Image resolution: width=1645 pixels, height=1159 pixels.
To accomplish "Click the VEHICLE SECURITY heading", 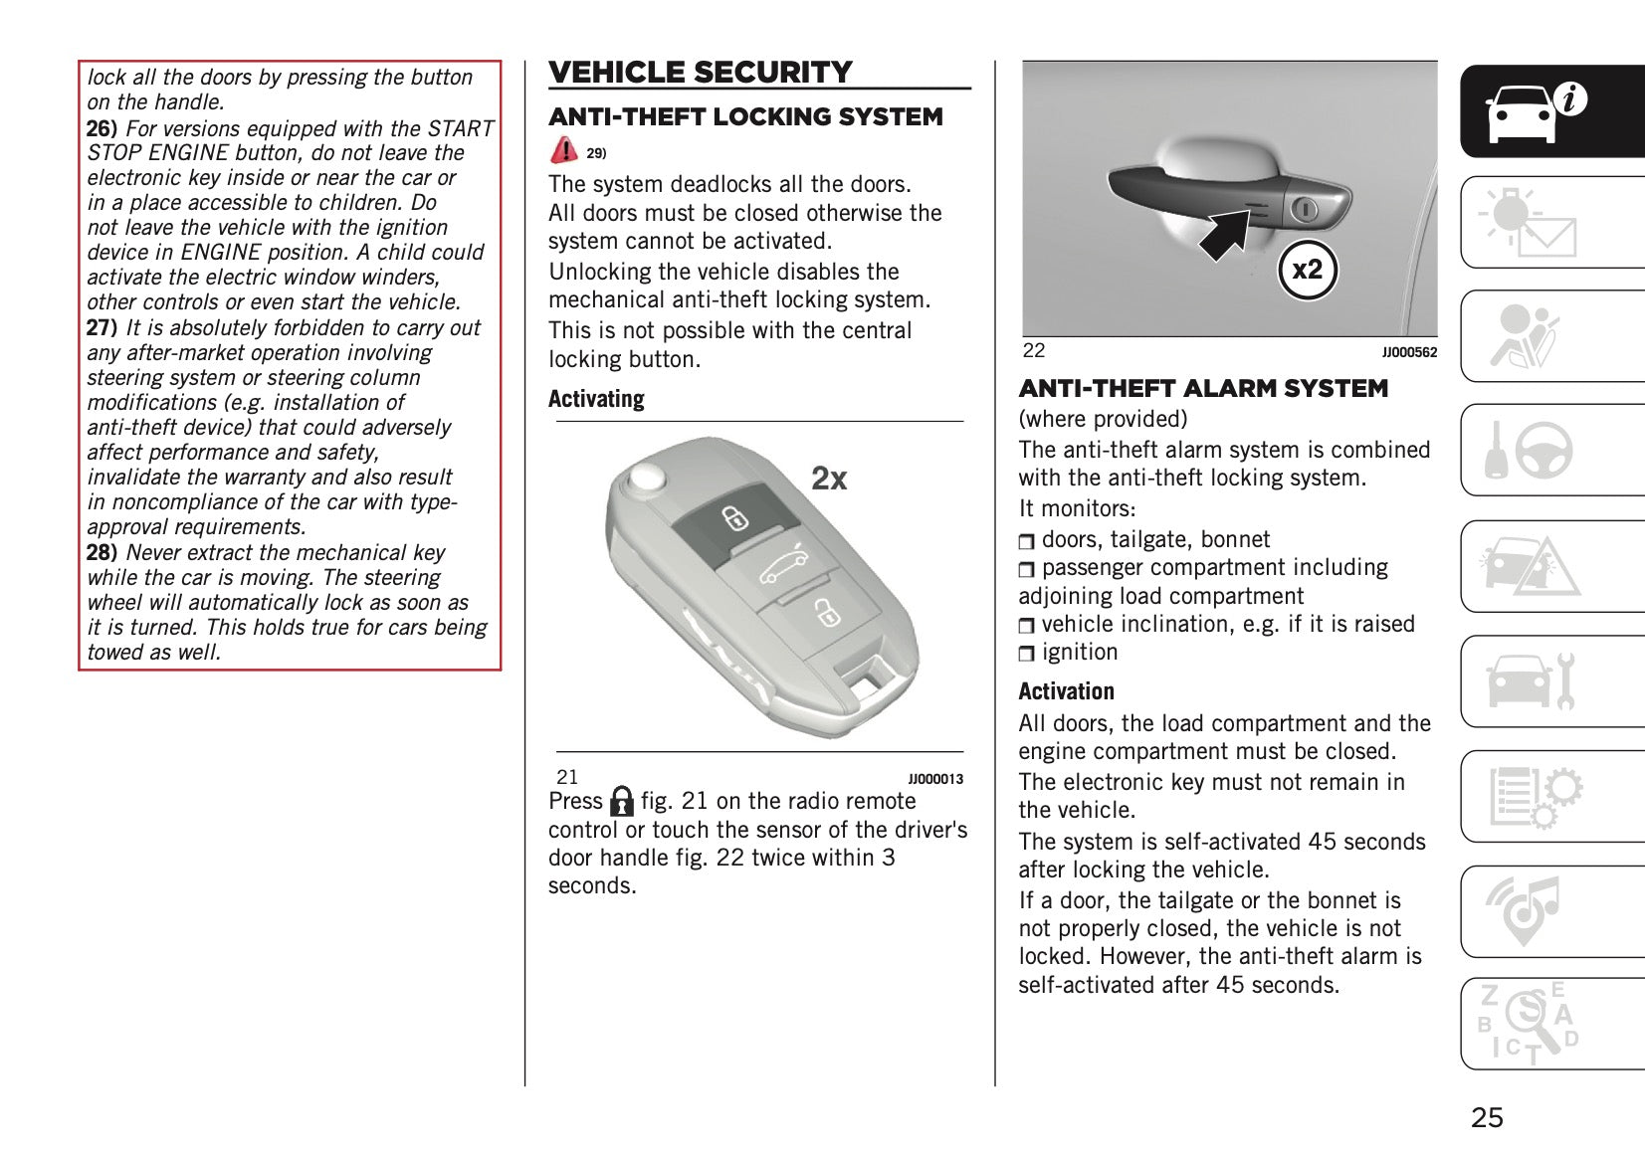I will (701, 73).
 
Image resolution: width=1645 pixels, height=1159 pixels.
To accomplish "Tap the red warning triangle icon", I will (563, 150).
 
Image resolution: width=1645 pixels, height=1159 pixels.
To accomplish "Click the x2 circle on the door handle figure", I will (1307, 270).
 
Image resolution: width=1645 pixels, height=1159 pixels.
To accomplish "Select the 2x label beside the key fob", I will (829, 479).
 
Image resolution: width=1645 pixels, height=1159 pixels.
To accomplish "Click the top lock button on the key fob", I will (734, 518).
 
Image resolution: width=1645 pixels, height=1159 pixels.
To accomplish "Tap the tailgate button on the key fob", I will (780, 568).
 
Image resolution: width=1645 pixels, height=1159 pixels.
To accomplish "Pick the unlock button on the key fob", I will (824, 612).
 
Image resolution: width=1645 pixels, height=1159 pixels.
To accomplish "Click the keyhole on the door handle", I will (1305, 208).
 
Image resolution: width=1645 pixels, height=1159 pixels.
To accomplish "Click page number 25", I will (1487, 1117).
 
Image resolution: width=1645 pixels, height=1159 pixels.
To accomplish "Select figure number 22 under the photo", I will (1034, 350).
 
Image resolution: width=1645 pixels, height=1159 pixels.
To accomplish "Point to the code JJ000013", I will (935, 779).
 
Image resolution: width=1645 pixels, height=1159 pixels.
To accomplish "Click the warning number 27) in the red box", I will (102, 328).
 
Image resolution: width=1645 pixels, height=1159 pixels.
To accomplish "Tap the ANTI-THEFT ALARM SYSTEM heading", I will (1203, 389).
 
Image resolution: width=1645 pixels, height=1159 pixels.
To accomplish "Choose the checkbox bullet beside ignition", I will (1027, 654).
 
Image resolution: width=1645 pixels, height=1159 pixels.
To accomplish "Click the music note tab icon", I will (1525, 910).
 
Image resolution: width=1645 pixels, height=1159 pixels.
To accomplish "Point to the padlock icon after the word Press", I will (622, 802).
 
